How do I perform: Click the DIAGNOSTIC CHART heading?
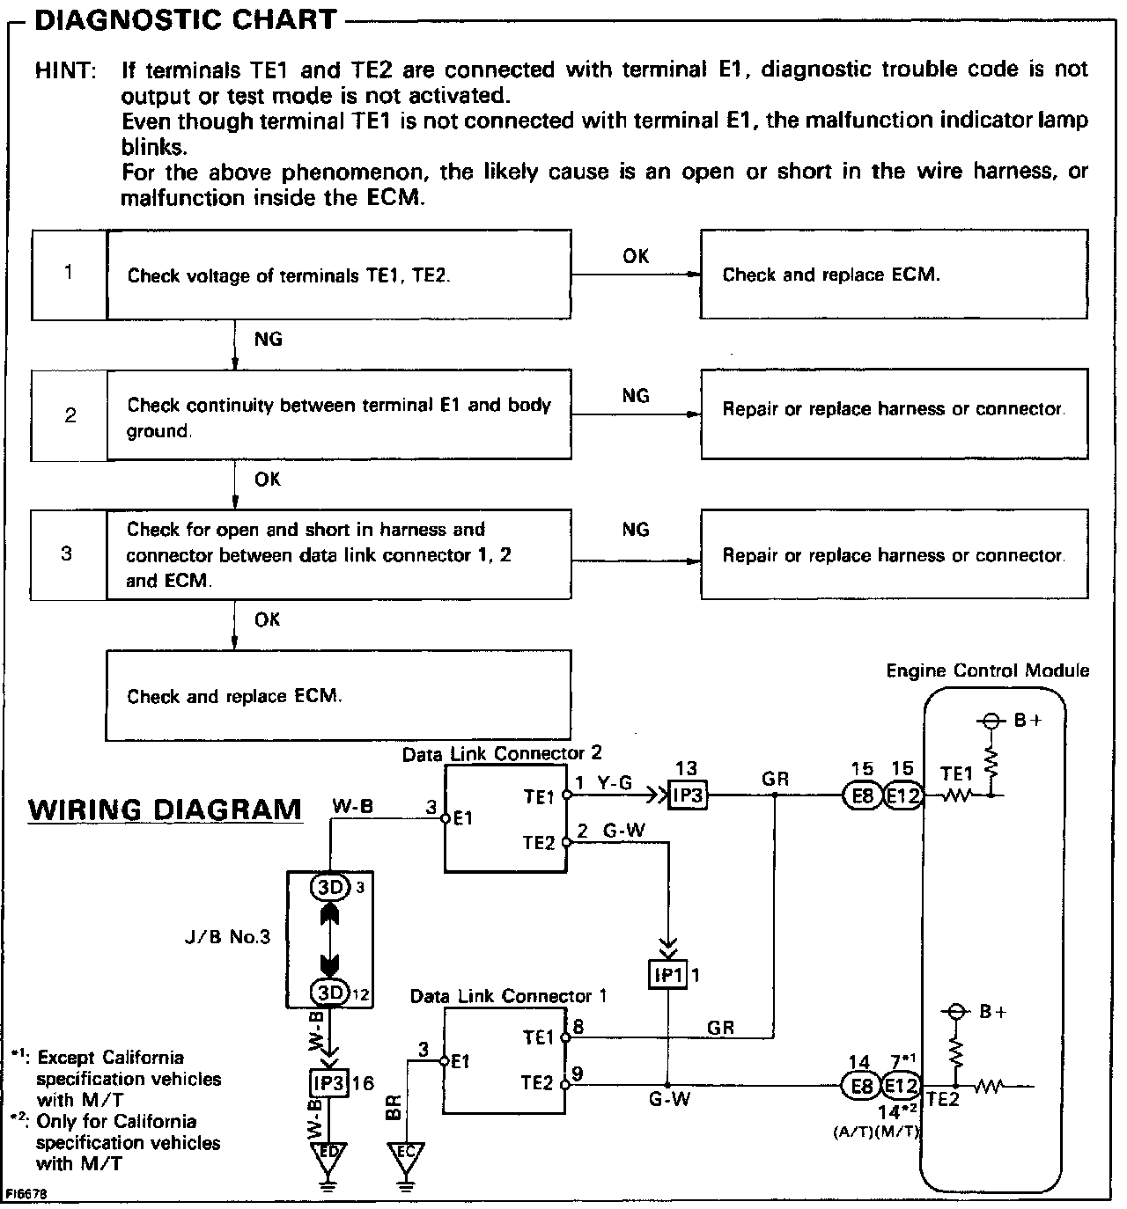[x=185, y=19]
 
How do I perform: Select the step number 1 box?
[x=69, y=274]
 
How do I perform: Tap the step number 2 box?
[x=70, y=414]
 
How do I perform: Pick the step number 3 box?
[x=68, y=554]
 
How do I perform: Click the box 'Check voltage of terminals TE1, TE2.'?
[x=339, y=275]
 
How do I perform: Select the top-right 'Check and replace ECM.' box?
[x=894, y=275]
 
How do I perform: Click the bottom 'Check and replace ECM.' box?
[x=339, y=696]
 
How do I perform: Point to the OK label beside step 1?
[x=636, y=256]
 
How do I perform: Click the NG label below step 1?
[x=268, y=339]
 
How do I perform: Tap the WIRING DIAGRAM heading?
[x=165, y=809]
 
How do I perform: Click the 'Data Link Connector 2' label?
[x=502, y=754]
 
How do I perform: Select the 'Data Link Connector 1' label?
[x=508, y=996]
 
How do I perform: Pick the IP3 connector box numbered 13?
[x=687, y=795]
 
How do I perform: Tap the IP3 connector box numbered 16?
[x=328, y=1083]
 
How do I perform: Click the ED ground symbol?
[x=328, y=1154]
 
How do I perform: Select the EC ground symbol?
[x=406, y=1154]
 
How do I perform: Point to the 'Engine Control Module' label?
[x=987, y=671]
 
